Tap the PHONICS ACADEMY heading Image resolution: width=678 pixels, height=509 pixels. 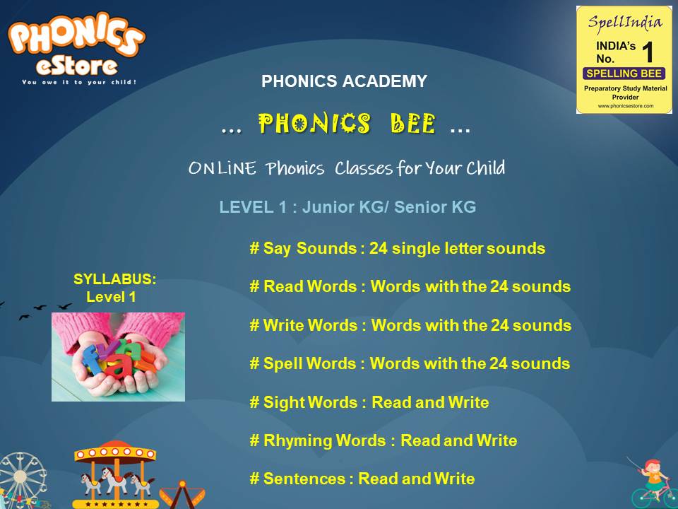click(x=344, y=81)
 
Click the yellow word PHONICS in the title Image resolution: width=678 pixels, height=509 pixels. click(x=314, y=125)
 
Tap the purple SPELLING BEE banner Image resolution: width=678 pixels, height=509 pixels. click(x=624, y=74)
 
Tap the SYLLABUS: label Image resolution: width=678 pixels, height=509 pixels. click(x=115, y=279)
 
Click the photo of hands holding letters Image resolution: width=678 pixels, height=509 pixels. click(x=118, y=357)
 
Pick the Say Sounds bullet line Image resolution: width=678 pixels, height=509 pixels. click(x=397, y=249)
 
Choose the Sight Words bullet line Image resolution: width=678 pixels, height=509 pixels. click(x=369, y=402)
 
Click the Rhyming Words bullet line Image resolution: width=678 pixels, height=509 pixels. click(x=383, y=440)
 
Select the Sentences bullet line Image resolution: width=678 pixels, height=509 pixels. click(x=362, y=479)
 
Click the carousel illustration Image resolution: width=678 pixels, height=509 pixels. click(x=114, y=474)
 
